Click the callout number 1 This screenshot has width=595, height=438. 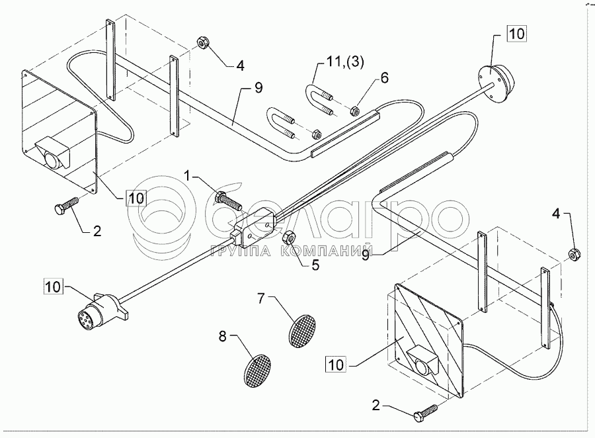(x=188, y=176)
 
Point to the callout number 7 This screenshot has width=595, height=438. (x=261, y=298)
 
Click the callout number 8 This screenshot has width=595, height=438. (x=223, y=337)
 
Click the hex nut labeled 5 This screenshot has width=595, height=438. (x=289, y=236)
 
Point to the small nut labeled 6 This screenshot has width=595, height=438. (x=354, y=110)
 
